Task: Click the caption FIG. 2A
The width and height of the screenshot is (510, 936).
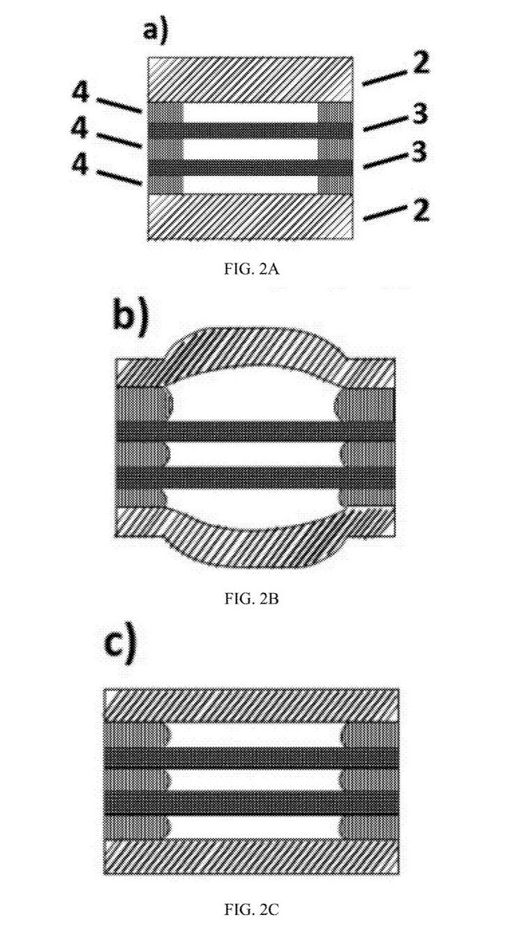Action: pyautogui.click(x=252, y=270)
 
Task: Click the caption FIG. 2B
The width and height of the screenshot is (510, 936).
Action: pyautogui.click(x=252, y=599)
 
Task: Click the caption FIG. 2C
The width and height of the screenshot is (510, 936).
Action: pyautogui.click(x=252, y=909)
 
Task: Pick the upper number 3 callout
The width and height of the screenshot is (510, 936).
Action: pyautogui.click(x=419, y=115)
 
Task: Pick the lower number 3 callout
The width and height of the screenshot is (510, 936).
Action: pyautogui.click(x=418, y=153)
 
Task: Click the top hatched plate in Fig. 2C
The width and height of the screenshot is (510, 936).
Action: pyautogui.click(x=251, y=705)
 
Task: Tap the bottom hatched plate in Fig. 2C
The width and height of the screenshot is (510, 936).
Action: pyautogui.click(x=251, y=856)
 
